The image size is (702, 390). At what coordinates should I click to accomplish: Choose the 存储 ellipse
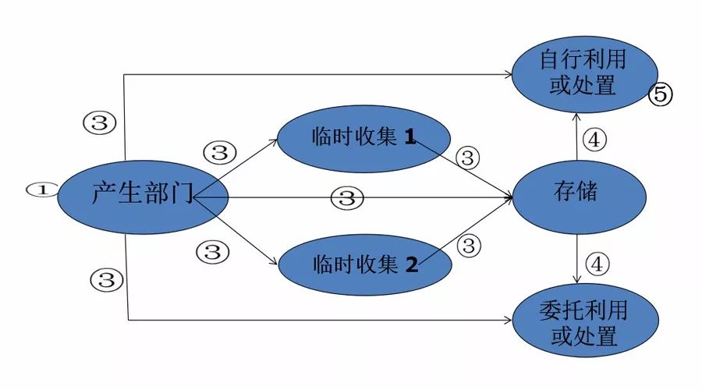coord(578,192)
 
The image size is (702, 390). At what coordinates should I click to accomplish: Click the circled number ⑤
coord(660,95)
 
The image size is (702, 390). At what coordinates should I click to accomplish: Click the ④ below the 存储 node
coord(597,264)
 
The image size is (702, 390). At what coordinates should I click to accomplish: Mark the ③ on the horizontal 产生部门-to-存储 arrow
coord(347,198)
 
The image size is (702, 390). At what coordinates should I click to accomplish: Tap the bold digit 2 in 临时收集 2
coord(411,264)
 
